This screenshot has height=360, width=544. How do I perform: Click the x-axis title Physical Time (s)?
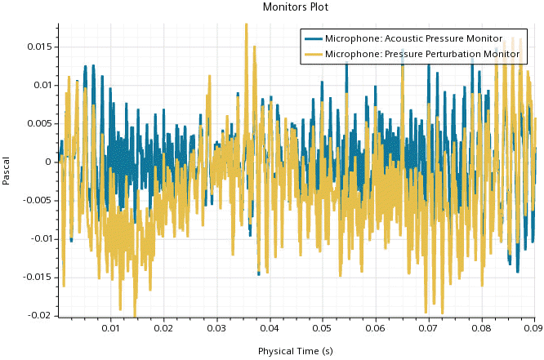(296, 351)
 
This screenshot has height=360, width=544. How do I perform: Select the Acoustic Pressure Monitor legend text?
(413, 38)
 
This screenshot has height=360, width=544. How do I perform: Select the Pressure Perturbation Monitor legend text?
(421, 54)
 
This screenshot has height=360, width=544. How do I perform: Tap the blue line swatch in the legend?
(313, 38)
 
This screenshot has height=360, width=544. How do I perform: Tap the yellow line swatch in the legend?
(313, 54)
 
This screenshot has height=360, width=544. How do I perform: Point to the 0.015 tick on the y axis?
(42, 47)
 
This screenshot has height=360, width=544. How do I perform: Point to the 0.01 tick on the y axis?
(44, 85)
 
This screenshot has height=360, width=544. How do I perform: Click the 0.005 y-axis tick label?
(42, 123)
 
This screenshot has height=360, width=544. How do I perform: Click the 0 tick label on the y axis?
(50, 162)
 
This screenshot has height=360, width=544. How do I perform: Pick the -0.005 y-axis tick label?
(39, 200)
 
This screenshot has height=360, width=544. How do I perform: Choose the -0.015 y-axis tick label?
(39, 277)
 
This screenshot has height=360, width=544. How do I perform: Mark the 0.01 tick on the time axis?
(110, 328)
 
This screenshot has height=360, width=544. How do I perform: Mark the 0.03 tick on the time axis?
(216, 328)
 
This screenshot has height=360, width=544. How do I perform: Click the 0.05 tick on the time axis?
(323, 328)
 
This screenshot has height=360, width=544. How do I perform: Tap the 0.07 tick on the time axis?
(429, 328)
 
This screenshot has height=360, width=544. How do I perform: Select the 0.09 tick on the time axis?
(533, 328)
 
